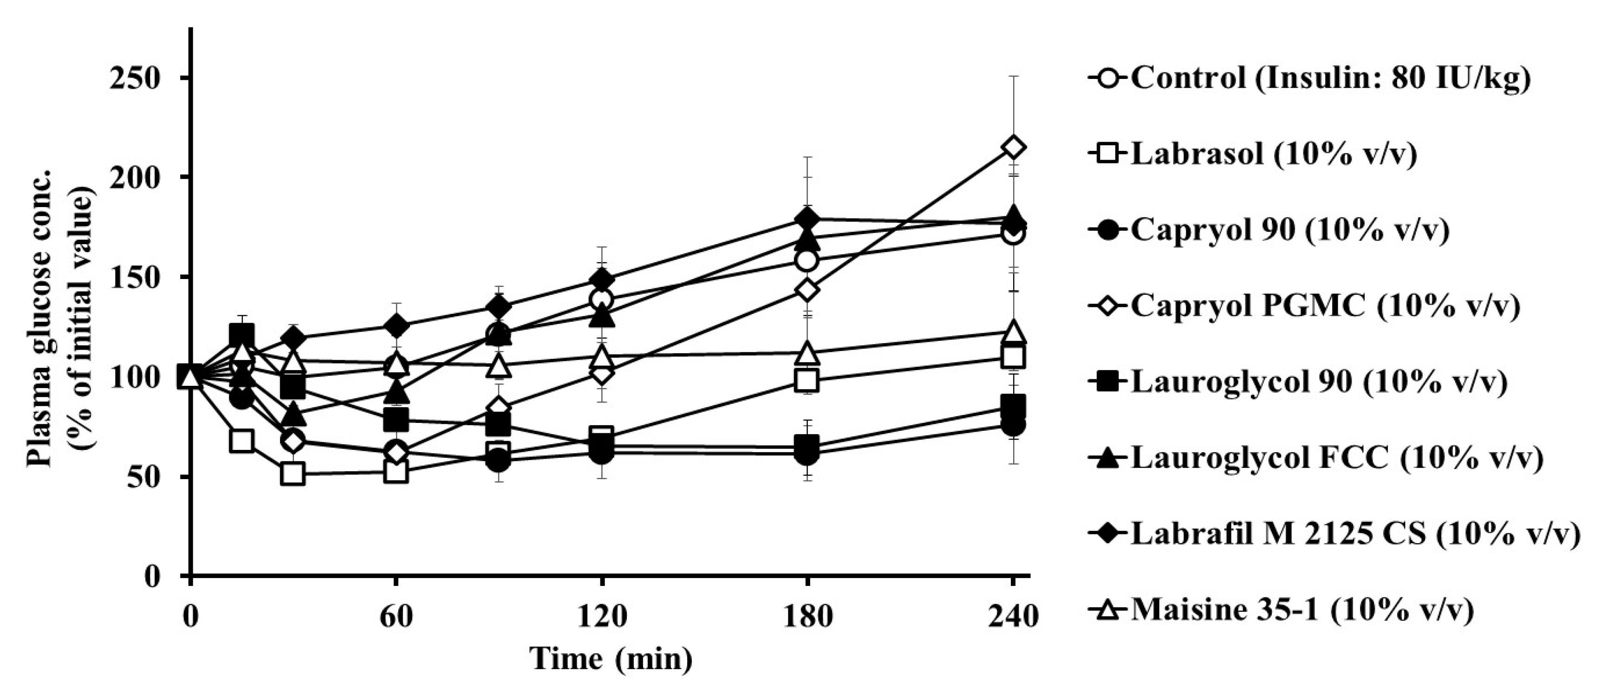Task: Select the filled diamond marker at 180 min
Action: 807,220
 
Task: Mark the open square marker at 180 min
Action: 807,380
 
